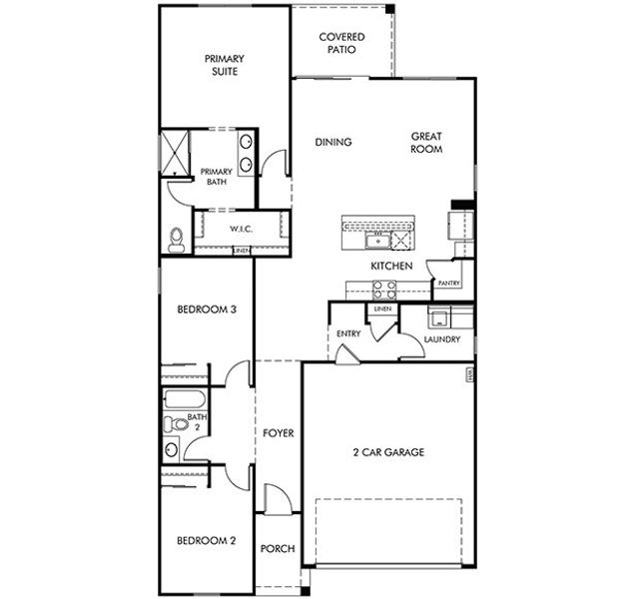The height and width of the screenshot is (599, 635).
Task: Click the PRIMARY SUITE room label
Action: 225,65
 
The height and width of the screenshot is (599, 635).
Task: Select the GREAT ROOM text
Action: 426,143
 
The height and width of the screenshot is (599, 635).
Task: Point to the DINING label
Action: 333,143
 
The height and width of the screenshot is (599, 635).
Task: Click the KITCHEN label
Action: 391,267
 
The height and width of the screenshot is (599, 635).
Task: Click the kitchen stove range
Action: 384,290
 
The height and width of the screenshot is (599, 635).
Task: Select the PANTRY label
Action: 448,284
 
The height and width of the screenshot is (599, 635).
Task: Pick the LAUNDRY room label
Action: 441,339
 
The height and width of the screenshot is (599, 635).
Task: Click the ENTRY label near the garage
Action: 348,333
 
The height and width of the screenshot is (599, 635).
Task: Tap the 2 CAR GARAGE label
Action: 388,452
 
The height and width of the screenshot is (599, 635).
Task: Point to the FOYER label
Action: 278,433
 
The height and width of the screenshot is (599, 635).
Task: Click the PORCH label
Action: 276,549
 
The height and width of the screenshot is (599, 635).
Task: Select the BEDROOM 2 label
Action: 206,541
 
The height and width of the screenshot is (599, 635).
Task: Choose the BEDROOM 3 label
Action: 206,309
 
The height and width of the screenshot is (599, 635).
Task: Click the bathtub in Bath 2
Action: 183,403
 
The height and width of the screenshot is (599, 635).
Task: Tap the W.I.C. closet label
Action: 241,229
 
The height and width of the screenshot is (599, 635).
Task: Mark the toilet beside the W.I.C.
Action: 177,238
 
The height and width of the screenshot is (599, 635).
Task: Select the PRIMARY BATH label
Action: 217,177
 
